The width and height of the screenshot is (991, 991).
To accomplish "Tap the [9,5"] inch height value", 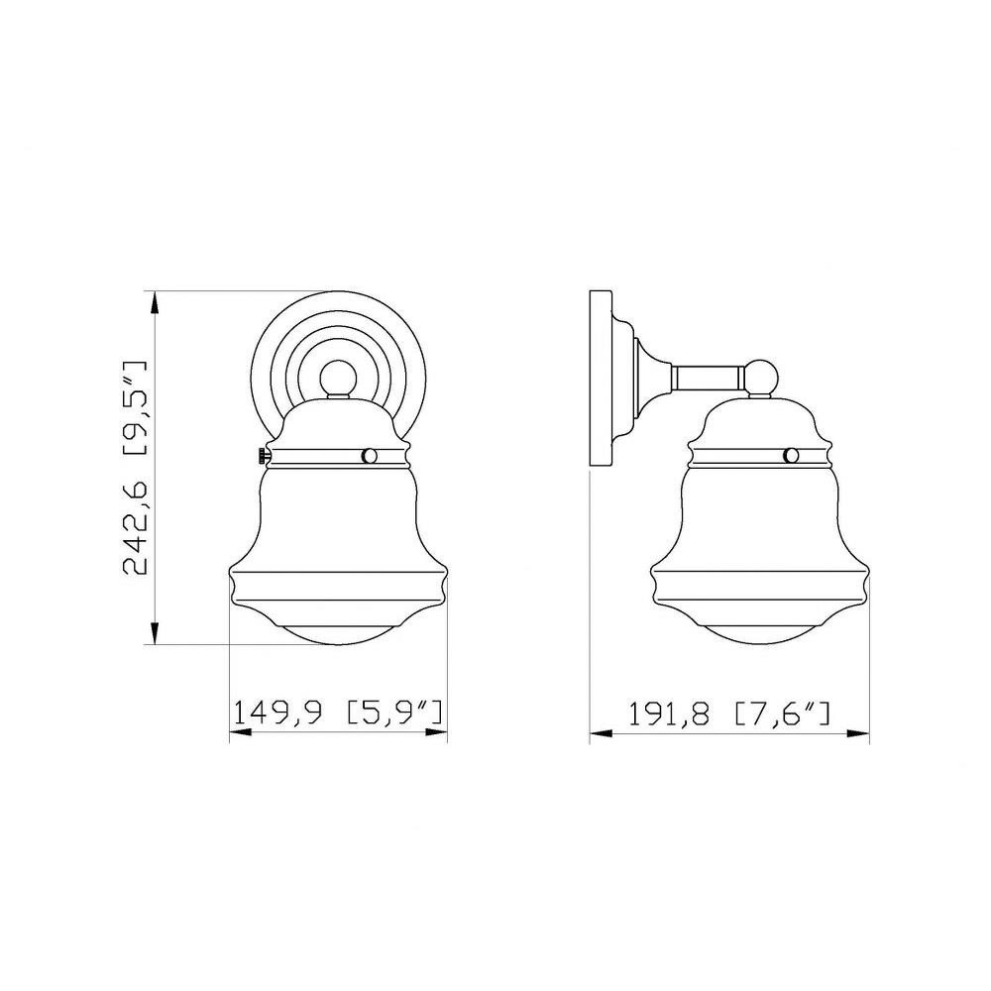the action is pyautogui.click(x=134, y=408).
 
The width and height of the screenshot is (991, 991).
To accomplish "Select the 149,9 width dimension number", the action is pyautogui.click(x=278, y=713).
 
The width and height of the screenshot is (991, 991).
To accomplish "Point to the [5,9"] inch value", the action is pyautogui.click(x=393, y=713).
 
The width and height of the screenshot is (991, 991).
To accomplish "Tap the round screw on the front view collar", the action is pyautogui.click(x=369, y=455).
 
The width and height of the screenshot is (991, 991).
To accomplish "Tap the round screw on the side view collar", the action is pyautogui.click(x=791, y=455).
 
